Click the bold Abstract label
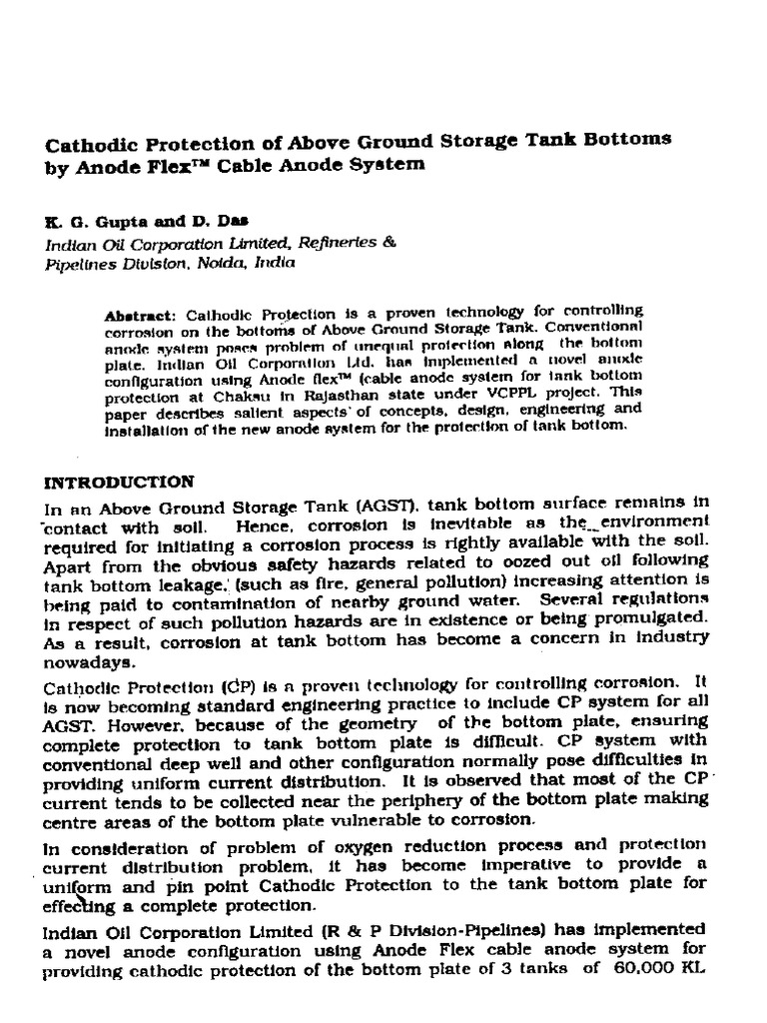tap(139, 314)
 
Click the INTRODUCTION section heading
tap(119, 481)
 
